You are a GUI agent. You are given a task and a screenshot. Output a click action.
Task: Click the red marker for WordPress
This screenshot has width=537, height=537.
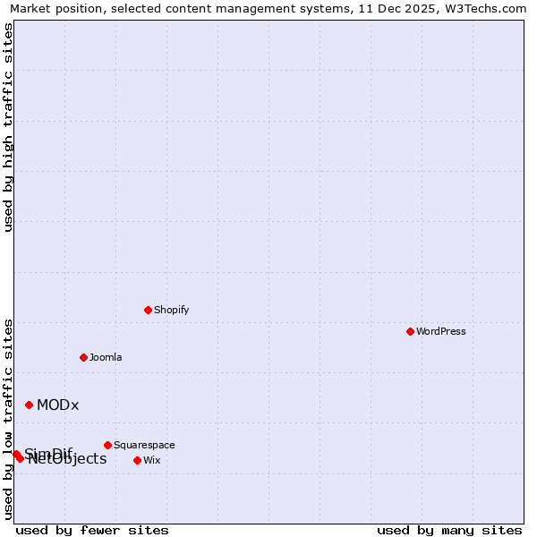tap(410, 331)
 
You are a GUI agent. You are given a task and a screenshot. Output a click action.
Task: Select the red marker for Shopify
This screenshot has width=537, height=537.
tap(148, 310)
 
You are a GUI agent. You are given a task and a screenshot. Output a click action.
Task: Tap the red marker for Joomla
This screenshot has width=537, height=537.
tap(83, 357)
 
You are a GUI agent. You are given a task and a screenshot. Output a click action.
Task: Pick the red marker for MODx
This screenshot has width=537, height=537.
tap(29, 405)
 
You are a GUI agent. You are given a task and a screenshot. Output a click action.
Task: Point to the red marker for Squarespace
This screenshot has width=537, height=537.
tap(107, 445)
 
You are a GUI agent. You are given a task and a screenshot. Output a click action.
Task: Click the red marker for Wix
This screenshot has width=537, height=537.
tap(137, 460)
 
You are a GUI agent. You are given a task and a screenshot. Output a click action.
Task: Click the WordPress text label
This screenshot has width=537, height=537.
tap(441, 331)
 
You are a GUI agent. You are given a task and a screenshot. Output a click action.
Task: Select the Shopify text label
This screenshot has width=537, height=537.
tap(171, 310)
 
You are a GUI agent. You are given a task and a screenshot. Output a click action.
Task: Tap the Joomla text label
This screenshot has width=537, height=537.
tap(106, 357)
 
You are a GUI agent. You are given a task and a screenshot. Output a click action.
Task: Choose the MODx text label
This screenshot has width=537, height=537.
tap(58, 405)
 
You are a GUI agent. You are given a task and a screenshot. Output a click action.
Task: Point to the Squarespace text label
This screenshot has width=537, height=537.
tap(144, 445)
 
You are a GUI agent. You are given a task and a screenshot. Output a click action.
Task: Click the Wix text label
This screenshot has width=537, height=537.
tap(152, 460)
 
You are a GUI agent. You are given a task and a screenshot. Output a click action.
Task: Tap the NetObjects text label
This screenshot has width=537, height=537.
tap(68, 460)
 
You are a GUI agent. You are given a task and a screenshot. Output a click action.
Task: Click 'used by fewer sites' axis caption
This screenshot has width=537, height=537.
tap(92, 530)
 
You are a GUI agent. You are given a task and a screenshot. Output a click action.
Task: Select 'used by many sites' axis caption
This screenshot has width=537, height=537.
tap(449, 530)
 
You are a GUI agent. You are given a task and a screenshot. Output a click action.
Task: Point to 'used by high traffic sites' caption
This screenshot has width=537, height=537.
tap(8, 127)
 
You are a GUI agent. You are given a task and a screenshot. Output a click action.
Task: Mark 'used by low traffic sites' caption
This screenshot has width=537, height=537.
tap(8, 418)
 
